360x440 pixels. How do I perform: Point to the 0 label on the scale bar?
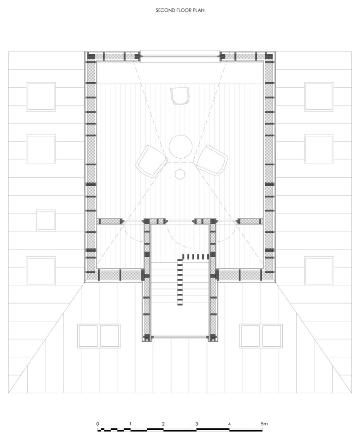click(x=97, y=424)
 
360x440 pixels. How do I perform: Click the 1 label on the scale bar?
click(x=130, y=424)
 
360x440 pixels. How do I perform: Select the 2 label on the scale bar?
click(x=164, y=424)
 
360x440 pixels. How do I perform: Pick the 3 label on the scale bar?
click(x=196, y=424)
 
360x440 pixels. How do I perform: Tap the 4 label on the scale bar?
click(x=229, y=424)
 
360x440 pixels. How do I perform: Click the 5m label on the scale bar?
click(x=264, y=424)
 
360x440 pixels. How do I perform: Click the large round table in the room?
click(x=180, y=146)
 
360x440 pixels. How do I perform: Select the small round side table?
click(x=180, y=174)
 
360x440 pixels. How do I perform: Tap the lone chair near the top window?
click(x=180, y=96)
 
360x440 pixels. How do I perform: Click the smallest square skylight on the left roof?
click(x=46, y=221)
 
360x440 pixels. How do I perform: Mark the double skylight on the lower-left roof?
click(x=99, y=336)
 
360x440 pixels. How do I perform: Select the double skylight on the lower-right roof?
click(x=261, y=336)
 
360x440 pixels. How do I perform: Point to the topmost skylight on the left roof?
click(x=40, y=96)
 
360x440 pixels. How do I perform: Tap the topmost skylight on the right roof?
click(x=319, y=96)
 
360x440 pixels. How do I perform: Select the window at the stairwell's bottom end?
click(x=180, y=338)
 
